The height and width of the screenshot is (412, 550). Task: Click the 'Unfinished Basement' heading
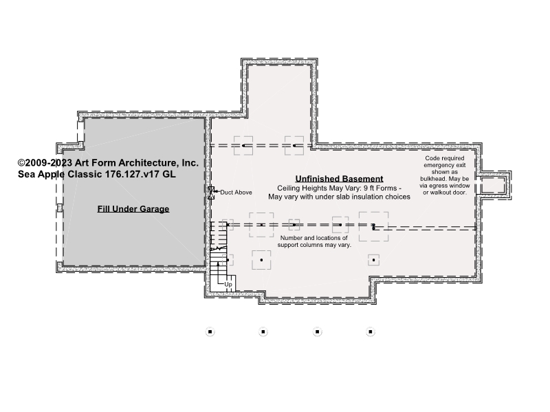click(339, 179)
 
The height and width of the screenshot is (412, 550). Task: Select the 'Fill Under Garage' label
click(133, 209)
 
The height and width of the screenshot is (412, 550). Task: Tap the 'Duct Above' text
click(236, 193)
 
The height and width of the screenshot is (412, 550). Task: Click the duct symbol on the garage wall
click(211, 193)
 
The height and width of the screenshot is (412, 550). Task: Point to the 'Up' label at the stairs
click(228, 284)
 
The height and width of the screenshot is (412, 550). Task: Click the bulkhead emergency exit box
click(493, 185)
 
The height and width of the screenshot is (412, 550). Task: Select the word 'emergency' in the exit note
click(445, 165)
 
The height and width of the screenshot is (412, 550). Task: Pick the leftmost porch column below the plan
click(210, 332)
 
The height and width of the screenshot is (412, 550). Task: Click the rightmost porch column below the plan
click(371, 332)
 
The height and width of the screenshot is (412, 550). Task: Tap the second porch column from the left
click(263, 332)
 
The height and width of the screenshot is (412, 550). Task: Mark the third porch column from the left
click(317, 332)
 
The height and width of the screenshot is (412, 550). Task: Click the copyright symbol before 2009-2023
click(21, 163)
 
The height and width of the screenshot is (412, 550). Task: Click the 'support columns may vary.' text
click(314, 245)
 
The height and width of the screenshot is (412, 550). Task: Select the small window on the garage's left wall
click(60, 208)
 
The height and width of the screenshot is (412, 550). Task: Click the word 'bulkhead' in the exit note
click(433, 179)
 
